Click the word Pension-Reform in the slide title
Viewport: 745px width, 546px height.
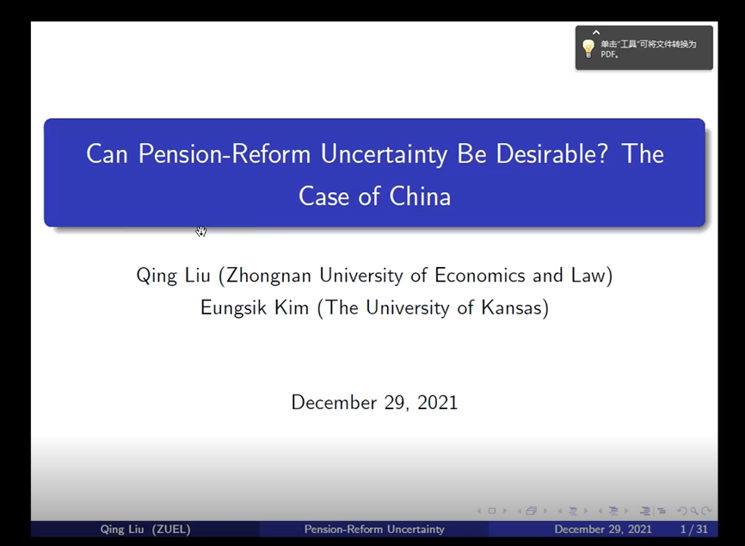click(x=225, y=154)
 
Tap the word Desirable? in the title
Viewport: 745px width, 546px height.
click(x=551, y=153)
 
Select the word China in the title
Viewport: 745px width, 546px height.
click(x=420, y=196)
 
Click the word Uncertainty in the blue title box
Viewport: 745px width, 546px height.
click(x=384, y=154)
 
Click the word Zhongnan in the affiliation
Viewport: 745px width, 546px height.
click(x=268, y=276)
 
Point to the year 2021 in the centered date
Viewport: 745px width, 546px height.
click(x=437, y=402)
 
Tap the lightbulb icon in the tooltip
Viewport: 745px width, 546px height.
click(x=588, y=48)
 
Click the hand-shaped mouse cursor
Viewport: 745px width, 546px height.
click(x=201, y=231)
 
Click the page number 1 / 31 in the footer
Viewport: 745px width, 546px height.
click(x=693, y=529)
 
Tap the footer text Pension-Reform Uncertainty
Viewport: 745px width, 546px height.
click(x=374, y=529)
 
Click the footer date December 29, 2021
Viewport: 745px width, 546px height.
click(x=603, y=529)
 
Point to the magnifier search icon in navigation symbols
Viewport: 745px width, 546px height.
click(x=694, y=511)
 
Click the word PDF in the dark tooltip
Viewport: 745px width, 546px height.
click(x=608, y=54)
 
